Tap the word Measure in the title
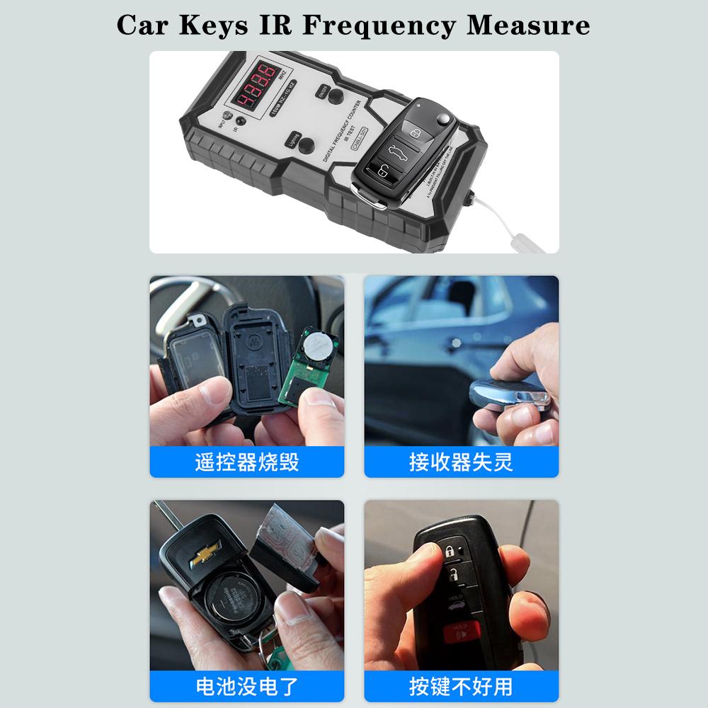527,25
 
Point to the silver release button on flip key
443,118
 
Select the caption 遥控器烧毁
246,462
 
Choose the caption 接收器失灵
461,462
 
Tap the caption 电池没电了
246,686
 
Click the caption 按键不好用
461,686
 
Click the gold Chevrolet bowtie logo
205,553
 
